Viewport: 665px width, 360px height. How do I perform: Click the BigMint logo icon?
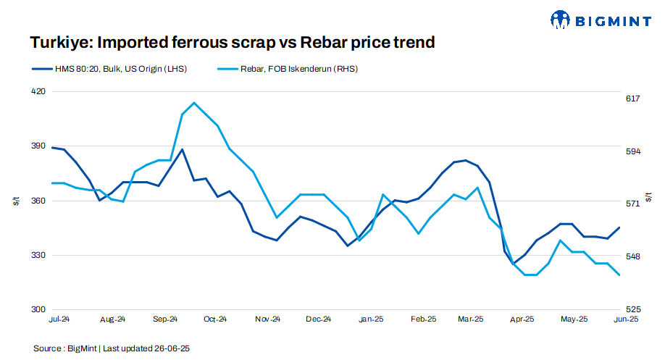(560, 20)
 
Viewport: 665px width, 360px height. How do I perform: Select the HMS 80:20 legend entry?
(109, 69)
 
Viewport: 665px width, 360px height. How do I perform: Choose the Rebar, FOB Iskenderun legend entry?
(288, 69)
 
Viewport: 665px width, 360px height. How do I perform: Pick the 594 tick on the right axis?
(632, 151)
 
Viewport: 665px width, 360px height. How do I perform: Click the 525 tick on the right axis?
(632, 309)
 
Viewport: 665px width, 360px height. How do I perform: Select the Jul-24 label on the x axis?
(59, 319)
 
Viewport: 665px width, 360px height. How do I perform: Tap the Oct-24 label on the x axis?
(215, 319)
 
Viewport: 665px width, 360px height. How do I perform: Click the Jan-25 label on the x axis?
(371, 319)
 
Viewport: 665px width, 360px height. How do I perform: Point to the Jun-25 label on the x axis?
(625, 319)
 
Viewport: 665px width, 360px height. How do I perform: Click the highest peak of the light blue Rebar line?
(193, 103)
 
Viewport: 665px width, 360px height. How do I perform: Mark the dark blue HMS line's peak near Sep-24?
(182, 149)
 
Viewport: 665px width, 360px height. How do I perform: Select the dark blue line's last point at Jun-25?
(619, 227)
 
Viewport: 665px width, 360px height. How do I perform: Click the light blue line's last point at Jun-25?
(619, 275)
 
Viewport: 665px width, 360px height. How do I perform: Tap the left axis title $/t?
(16, 201)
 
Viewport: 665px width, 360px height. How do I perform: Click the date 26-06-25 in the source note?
(172, 348)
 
